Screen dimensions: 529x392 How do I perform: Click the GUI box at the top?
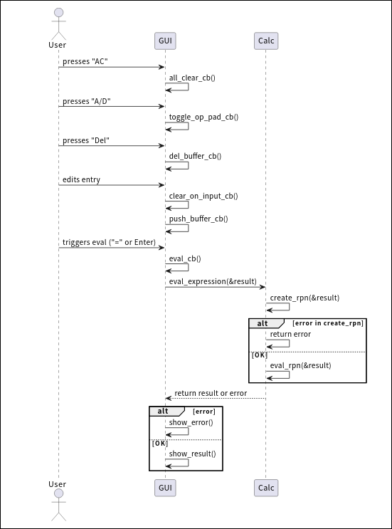pyautogui.click(x=165, y=41)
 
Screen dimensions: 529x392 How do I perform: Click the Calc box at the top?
pyautogui.click(x=265, y=41)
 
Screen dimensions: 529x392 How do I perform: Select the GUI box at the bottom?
pyautogui.click(x=165, y=488)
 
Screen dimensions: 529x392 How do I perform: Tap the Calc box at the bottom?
pyautogui.click(x=265, y=488)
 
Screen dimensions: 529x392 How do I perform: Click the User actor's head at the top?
pyautogui.click(x=58, y=14)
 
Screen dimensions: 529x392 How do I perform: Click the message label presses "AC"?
pyautogui.click(x=85, y=62)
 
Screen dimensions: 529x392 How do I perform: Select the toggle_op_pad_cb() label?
pyautogui.click(x=203, y=117)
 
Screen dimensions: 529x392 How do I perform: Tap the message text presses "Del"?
pyautogui.click(x=86, y=140)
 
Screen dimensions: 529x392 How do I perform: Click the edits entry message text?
pyautogui.click(x=81, y=180)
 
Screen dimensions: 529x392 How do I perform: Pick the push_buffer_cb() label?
pyautogui.click(x=198, y=219)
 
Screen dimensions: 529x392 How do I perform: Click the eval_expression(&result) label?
pyautogui.click(x=213, y=282)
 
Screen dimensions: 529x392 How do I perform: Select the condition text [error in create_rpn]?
pyautogui.click(x=328, y=323)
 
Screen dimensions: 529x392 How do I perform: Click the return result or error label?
pyautogui.click(x=211, y=392)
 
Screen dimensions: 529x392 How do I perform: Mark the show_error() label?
pyautogui.click(x=191, y=422)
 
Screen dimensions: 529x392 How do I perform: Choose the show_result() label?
pyautogui.click(x=192, y=454)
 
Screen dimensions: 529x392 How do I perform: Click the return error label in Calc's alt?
pyautogui.click(x=290, y=334)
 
